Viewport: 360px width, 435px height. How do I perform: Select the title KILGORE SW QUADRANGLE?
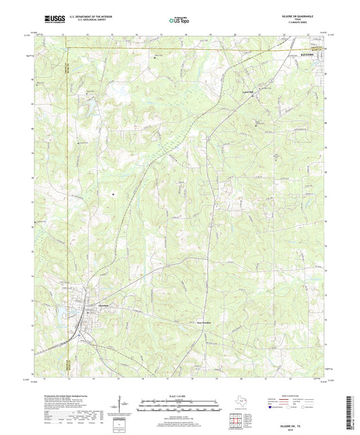tap(299, 16)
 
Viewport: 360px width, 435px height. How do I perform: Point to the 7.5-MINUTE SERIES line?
tap(299, 24)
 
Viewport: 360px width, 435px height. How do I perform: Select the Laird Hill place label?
tap(247, 91)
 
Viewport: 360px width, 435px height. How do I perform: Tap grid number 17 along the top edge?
tap(161, 32)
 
